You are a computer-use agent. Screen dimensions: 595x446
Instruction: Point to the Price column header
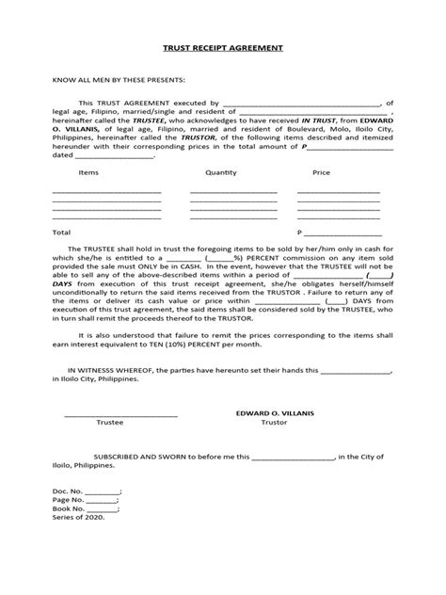click(x=322, y=173)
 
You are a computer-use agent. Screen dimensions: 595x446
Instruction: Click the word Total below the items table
click(x=62, y=231)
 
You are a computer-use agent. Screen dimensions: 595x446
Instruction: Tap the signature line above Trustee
click(x=120, y=414)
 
